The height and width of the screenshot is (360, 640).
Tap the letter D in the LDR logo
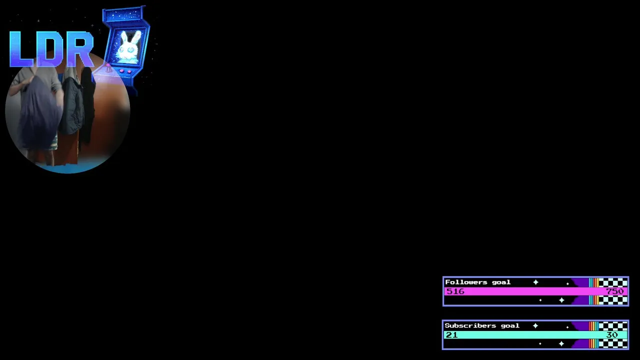click(50, 49)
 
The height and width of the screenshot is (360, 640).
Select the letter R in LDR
click(80, 49)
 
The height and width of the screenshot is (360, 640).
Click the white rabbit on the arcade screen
click(128, 47)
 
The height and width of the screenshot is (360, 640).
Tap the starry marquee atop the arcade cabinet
click(123, 15)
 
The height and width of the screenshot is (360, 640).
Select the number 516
click(455, 291)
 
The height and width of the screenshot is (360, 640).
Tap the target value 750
click(614, 291)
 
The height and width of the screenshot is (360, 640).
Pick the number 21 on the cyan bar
click(451, 334)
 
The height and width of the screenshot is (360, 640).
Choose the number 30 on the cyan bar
click(612, 334)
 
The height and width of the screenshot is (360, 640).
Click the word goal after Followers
click(501, 282)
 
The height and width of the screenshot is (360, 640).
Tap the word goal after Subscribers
click(510, 326)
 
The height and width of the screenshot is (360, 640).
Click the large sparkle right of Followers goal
click(535, 282)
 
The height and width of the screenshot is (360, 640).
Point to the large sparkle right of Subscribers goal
click(535, 325)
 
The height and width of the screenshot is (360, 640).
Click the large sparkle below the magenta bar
click(561, 300)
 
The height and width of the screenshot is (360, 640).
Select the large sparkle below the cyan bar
click(561, 343)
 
